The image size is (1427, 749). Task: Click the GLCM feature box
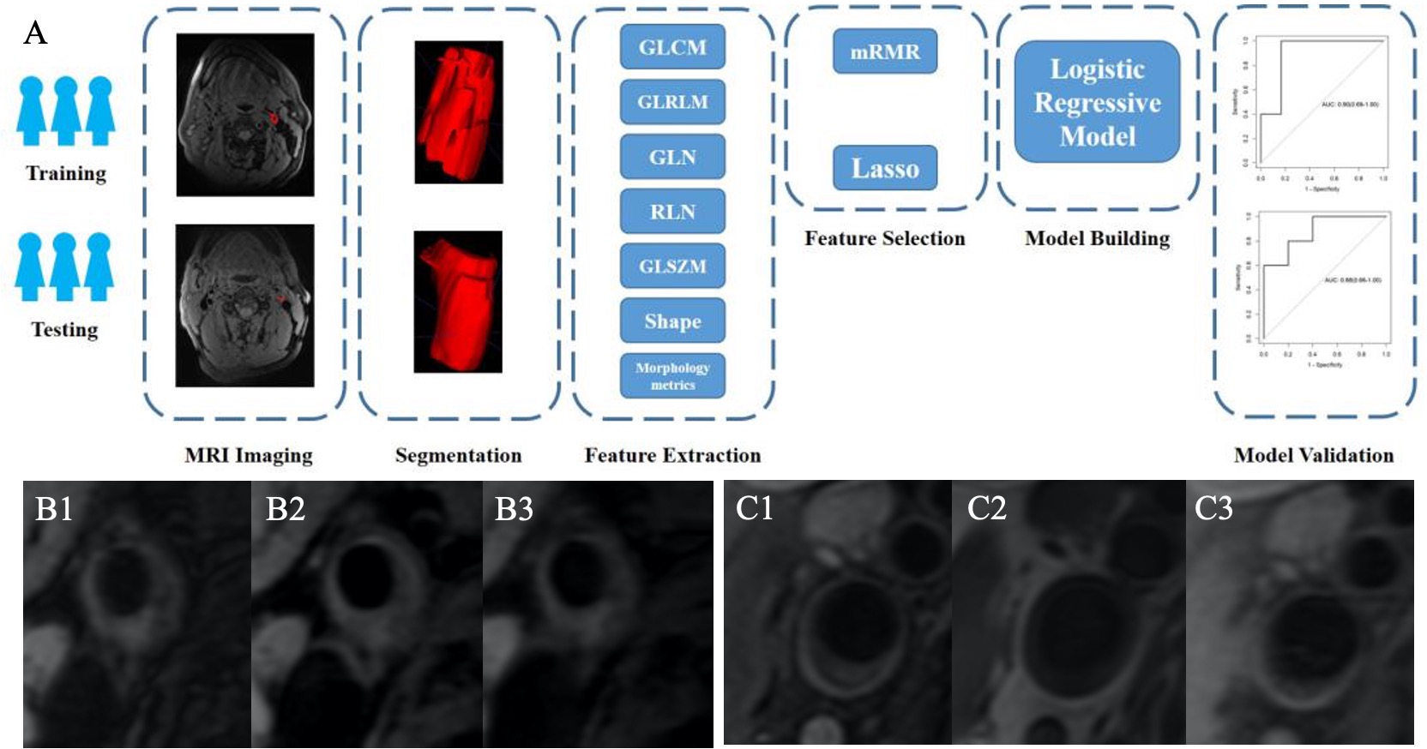672,47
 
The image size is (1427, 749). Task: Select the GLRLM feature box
672,102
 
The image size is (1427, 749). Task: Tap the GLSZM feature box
672,267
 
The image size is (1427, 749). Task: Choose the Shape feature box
672,321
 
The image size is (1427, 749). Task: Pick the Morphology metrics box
672,376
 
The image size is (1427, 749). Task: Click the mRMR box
884,51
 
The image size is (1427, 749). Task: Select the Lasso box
884,168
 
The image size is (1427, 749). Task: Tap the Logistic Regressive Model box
1097,102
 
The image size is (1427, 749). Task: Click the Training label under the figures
66,173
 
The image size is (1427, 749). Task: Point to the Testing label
64,330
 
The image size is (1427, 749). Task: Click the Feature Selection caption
884,238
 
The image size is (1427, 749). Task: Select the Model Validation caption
1313,455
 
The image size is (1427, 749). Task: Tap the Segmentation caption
458,455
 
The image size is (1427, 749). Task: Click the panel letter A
35,33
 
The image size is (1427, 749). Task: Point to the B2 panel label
286,509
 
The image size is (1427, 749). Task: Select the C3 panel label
1213,509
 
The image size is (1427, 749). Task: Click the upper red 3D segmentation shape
458,111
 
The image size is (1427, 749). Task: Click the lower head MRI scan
245,306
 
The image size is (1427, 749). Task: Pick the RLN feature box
672,212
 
